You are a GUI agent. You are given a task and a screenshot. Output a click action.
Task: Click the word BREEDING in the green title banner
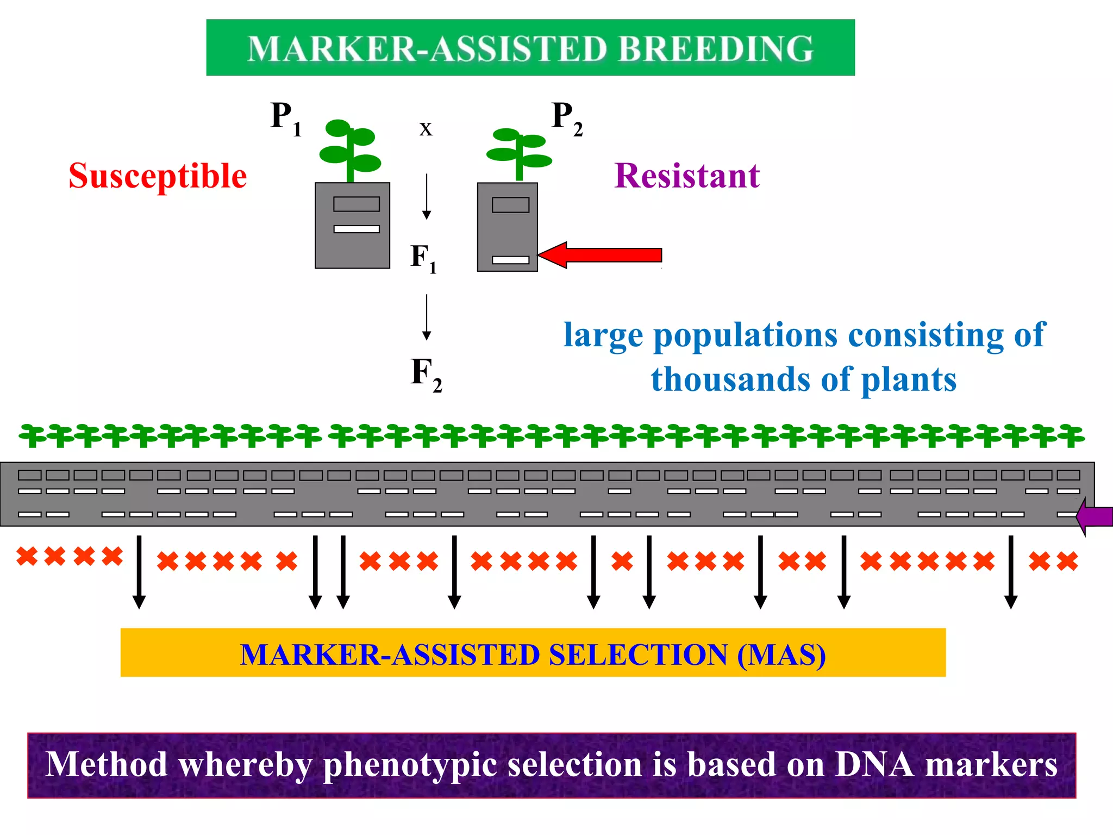tap(715, 49)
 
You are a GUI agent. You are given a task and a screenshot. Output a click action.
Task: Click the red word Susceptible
tap(158, 176)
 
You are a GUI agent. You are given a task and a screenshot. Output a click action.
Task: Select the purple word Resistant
tap(686, 176)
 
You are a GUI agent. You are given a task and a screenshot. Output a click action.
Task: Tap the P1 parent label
tap(285, 119)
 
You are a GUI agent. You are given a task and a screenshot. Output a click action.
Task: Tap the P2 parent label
tap(566, 119)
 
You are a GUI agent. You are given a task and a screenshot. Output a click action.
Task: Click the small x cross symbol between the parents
tap(426, 129)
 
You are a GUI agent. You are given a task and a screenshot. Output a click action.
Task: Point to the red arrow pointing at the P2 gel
tap(603, 255)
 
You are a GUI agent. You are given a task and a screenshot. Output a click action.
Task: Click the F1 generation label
tap(423, 258)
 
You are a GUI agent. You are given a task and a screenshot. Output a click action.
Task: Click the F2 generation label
tap(425, 374)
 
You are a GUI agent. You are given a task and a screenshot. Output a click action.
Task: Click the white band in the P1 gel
tap(357, 229)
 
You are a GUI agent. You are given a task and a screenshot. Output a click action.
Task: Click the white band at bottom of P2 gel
tap(510, 260)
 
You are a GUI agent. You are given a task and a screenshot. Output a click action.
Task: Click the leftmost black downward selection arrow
tap(139, 571)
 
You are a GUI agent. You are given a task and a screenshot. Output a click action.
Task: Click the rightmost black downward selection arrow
tap(1010, 571)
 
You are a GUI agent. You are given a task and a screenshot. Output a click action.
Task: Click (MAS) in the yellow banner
tap(781, 655)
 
